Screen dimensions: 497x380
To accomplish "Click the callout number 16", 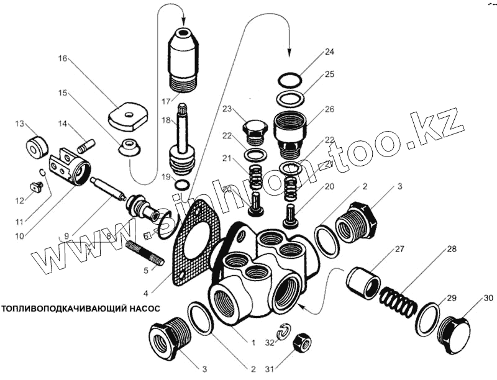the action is point(63,59).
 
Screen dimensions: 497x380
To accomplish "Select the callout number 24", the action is point(329,52).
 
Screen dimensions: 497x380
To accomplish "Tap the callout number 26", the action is point(329,109).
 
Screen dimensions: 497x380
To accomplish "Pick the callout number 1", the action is point(252,342).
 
